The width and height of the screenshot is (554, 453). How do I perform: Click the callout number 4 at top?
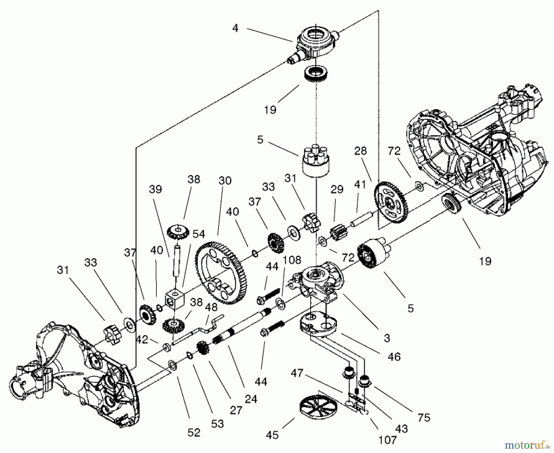pos(235,28)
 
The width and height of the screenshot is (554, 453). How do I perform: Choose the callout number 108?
pos(292,260)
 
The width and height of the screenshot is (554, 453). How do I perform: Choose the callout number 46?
pos(394,356)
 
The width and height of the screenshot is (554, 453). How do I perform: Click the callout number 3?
pos(387,338)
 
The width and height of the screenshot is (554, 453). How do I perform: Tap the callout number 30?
pos(225,180)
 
